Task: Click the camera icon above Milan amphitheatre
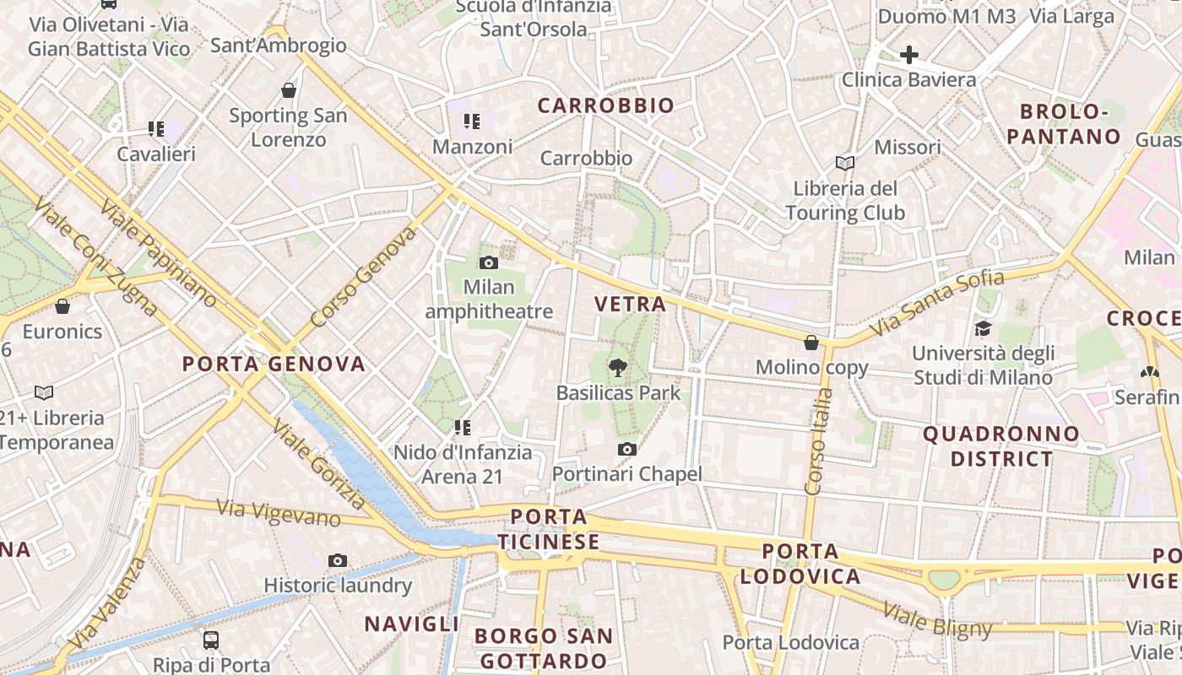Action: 489,263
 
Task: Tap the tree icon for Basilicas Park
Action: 618,368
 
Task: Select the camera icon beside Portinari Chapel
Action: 626,450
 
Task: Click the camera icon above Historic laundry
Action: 338,561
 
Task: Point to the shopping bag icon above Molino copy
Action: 811,343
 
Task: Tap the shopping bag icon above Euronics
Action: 62,306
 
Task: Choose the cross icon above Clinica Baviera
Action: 908,56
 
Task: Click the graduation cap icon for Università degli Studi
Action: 983,328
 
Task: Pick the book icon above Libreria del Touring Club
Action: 845,164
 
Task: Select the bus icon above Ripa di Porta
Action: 211,640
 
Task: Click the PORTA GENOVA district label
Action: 274,364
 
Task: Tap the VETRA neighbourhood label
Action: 630,305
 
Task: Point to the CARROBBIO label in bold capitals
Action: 606,105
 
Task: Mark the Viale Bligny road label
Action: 937,619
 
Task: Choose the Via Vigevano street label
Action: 278,511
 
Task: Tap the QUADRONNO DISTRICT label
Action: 1001,446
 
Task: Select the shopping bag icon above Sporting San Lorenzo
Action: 289,90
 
